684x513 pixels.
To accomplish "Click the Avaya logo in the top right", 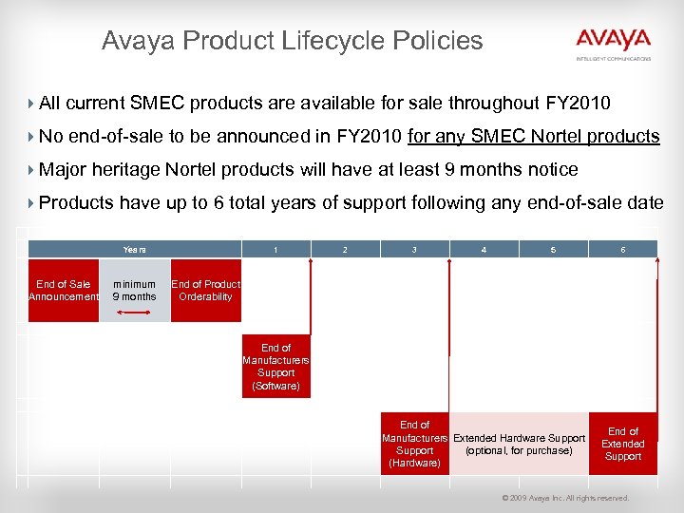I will click(x=613, y=41).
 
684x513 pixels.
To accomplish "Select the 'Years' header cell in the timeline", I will click(x=134, y=249).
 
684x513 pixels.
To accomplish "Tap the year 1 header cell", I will click(x=275, y=249).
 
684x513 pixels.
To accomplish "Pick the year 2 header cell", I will click(x=345, y=249).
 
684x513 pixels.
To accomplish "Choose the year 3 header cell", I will click(x=414, y=249).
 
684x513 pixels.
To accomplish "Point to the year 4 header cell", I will click(x=484, y=249).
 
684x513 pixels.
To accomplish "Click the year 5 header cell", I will click(x=553, y=249).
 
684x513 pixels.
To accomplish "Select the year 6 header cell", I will click(x=622, y=249).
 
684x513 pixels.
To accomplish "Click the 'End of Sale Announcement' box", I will click(x=64, y=291).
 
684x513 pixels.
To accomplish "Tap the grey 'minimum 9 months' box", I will click(x=134, y=285).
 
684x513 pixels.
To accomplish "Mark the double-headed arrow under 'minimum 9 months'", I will click(x=134, y=311).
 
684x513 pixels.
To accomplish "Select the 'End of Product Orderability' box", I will click(x=205, y=291).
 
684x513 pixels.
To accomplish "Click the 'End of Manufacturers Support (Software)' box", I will click(x=275, y=367).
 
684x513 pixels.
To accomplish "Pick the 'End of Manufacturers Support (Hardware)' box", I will click(x=414, y=444).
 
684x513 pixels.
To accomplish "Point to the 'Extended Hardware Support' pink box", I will click(x=519, y=444).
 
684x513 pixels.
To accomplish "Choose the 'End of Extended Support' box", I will click(x=623, y=444).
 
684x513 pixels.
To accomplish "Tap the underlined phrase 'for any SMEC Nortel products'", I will click(x=533, y=136).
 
